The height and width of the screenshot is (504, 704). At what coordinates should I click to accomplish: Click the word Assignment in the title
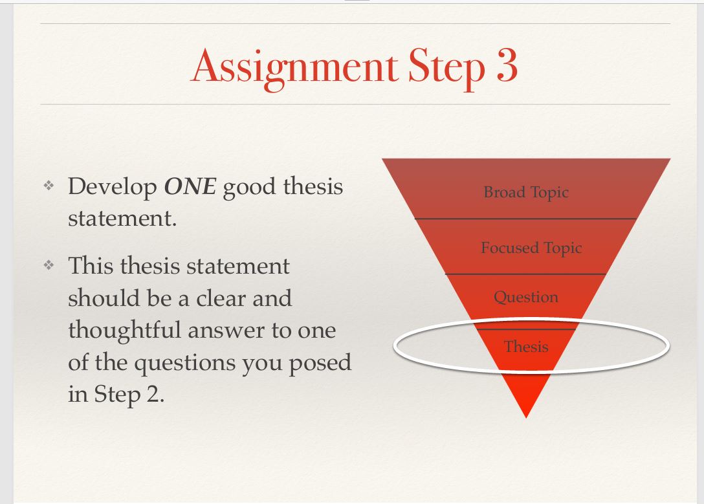point(294,67)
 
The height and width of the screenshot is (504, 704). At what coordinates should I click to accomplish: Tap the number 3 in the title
point(507,66)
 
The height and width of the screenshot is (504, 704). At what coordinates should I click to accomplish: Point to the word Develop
point(113,187)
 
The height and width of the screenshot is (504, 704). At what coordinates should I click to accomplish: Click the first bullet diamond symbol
point(47,186)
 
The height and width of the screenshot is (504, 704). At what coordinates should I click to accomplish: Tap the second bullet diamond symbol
point(47,266)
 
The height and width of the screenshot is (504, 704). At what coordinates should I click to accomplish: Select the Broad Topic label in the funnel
point(525,192)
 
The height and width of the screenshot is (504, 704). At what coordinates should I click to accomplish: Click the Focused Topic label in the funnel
point(531,248)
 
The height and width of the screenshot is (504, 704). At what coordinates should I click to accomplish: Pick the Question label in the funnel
point(525,297)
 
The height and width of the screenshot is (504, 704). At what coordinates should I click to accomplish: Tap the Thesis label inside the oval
point(525,347)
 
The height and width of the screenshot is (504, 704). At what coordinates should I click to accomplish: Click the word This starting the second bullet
point(91,266)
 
